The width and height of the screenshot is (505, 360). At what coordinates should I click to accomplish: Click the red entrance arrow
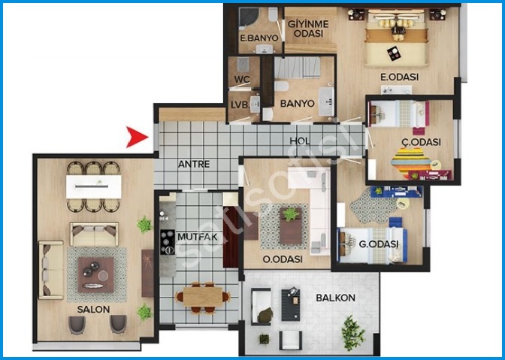pyautogui.click(x=135, y=137)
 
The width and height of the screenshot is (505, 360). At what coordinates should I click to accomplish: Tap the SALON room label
pyautogui.click(x=93, y=310)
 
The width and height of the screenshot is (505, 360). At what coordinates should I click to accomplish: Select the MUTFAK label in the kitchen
pyautogui.click(x=198, y=237)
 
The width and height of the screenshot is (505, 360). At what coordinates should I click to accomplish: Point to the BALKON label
pyautogui.click(x=335, y=298)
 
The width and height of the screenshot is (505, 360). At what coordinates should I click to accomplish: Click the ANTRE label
pyautogui.click(x=194, y=165)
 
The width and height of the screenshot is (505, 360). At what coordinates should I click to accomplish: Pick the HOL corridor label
pyautogui.click(x=300, y=141)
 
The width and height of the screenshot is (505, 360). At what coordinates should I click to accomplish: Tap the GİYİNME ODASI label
pyautogui.click(x=308, y=29)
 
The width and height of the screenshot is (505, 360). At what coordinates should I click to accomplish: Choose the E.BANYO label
pyautogui.click(x=259, y=38)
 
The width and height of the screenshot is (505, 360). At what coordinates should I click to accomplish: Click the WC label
pyautogui.click(x=242, y=79)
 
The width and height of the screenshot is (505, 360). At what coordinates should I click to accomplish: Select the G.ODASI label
pyautogui.click(x=379, y=244)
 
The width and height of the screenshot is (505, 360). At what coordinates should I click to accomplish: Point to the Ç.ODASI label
pyautogui.click(x=421, y=142)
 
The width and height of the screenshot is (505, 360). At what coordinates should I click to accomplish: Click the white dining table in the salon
pyautogui.click(x=94, y=186)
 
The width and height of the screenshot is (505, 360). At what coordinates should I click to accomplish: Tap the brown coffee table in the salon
pyautogui.click(x=96, y=274)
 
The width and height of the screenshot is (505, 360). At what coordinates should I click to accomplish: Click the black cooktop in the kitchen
pyautogui.click(x=168, y=242)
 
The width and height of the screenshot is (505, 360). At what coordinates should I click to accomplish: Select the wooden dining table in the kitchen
pyautogui.click(x=203, y=297)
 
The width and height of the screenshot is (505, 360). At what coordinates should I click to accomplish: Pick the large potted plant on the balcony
pyautogui.click(x=353, y=333)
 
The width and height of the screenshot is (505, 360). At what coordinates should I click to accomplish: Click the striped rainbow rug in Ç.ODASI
pyautogui.click(x=411, y=163)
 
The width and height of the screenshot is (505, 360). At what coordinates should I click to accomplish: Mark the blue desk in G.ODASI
pyautogui.click(x=396, y=192)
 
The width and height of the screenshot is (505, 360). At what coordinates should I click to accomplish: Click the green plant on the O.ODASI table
pyautogui.click(x=291, y=214)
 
